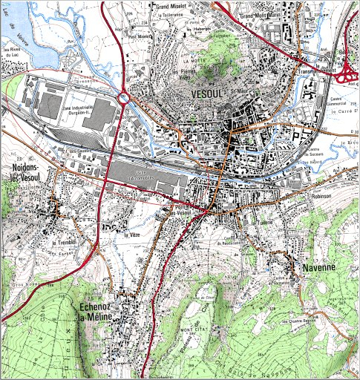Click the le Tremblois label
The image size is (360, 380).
click(x=65, y=243)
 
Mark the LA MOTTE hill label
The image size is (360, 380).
click(x=198, y=61)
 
